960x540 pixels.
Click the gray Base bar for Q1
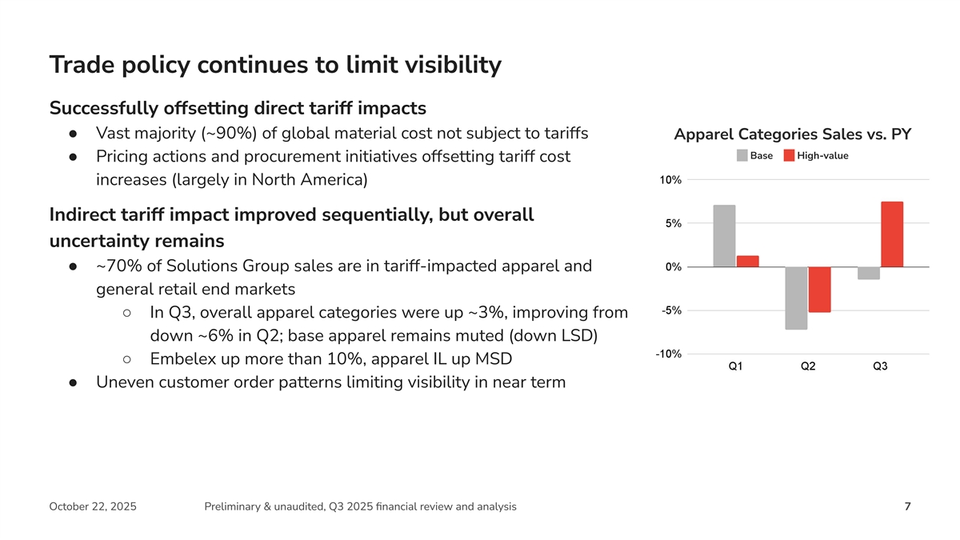point(724,236)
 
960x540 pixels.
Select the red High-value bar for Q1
point(747,262)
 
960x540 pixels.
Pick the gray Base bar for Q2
point(796,298)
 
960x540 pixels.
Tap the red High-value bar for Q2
point(819,290)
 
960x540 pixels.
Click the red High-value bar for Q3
point(892,234)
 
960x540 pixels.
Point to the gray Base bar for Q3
point(868,273)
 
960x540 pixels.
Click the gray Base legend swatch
point(742,155)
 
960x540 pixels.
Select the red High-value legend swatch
point(789,155)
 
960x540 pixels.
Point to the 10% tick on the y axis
point(670,180)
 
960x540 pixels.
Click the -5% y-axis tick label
point(670,310)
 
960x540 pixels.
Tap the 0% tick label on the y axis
point(672,267)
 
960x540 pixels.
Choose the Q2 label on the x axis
point(808,366)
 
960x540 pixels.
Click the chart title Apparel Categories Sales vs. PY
point(793,134)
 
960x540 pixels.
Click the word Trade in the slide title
point(85,65)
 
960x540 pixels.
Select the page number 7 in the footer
point(907,506)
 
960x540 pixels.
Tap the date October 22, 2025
point(92,506)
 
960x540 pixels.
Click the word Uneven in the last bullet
point(124,382)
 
